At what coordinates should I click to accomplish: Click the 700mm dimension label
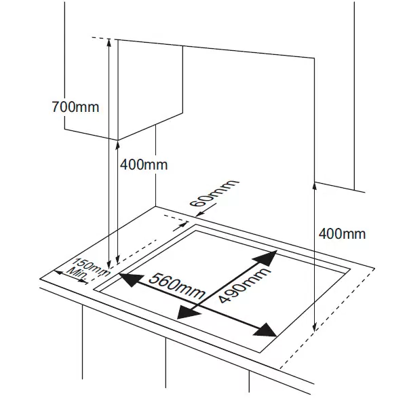click(75, 107)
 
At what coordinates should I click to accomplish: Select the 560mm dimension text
click(177, 286)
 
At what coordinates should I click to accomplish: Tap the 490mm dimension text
click(244, 285)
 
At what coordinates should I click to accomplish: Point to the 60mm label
click(214, 193)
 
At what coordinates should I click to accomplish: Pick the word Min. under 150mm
click(77, 275)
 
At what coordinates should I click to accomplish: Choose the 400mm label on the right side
click(342, 233)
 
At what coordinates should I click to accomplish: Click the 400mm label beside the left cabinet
click(144, 165)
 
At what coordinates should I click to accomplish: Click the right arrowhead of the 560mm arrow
click(265, 330)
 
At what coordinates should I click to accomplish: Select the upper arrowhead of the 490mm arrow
click(266, 258)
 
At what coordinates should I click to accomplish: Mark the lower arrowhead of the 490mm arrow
click(187, 312)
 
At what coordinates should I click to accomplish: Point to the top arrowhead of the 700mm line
click(109, 43)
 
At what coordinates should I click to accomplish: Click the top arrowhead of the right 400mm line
click(315, 187)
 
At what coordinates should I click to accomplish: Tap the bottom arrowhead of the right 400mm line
click(315, 328)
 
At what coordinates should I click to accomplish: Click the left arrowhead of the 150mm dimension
click(58, 273)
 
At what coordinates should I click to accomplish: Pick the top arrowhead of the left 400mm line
click(117, 146)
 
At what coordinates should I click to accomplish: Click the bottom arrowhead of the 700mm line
click(109, 263)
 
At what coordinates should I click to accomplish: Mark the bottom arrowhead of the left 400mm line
click(117, 260)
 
